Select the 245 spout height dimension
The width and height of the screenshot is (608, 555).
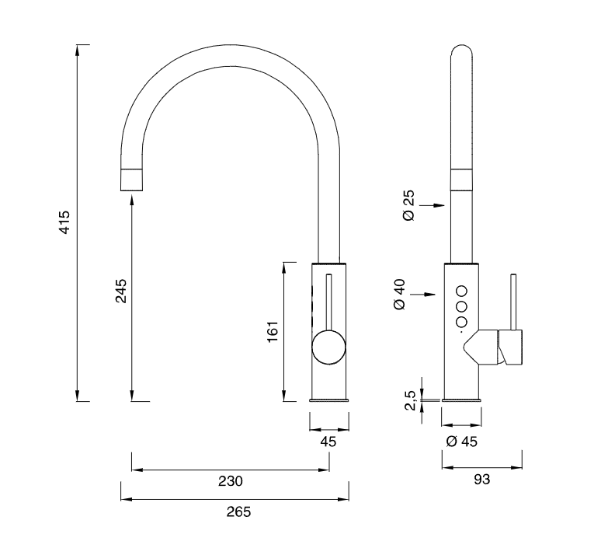pos(121,291)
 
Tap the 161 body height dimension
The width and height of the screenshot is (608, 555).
pos(273,332)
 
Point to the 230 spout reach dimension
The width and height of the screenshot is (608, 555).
pos(231,481)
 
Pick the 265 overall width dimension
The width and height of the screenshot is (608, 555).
pos(238,511)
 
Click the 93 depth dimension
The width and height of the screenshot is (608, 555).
pos(481,480)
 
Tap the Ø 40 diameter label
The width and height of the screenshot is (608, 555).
pos(400,295)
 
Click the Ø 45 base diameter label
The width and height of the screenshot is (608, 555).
pos(462,442)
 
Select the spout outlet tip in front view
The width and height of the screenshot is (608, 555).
pos(132,180)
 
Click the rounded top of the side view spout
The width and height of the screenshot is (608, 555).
pos(462,54)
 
